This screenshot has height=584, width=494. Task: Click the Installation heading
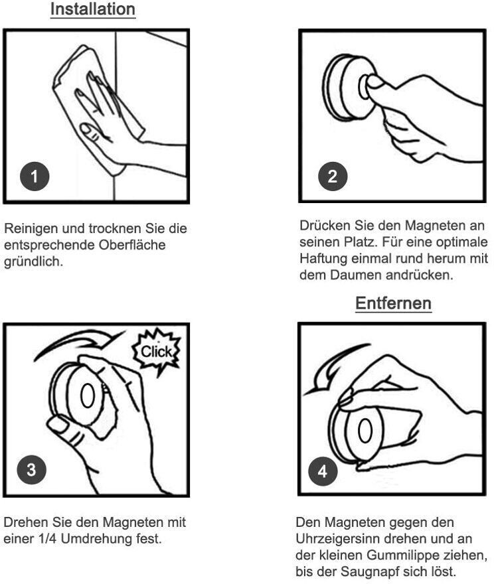click(93, 9)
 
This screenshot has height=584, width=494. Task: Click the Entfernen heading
click(394, 303)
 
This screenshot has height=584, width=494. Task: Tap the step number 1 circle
click(35, 177)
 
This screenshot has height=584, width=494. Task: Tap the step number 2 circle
click(333, 177)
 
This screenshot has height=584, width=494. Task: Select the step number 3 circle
click(32, 470)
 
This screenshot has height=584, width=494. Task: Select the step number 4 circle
click(323, 471)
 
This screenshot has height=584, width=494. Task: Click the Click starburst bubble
click(157, 351)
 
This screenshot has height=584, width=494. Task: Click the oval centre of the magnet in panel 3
click(88, 395)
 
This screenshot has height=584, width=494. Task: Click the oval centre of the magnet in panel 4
click(365, 431)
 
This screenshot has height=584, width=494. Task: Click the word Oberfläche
click(132, 245)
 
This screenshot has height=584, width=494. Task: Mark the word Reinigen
click(31, 228)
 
